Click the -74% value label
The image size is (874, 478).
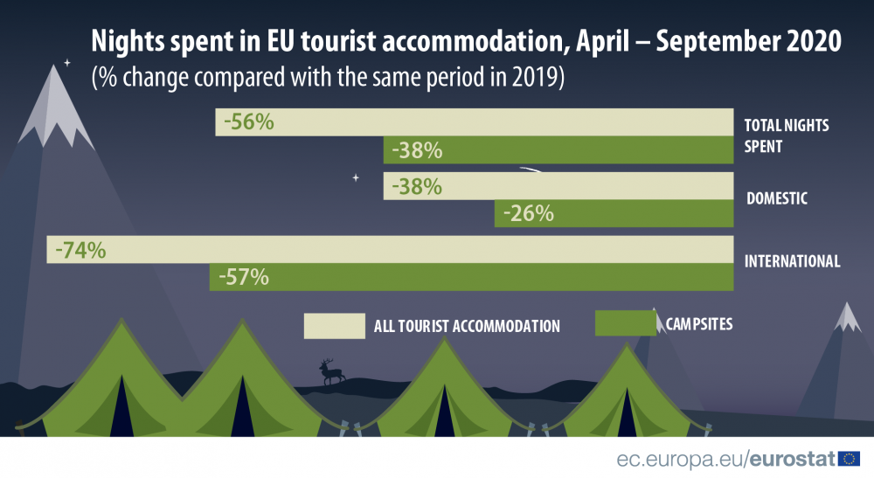click(x=80, y=250)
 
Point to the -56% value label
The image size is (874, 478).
click(x=249, y=122)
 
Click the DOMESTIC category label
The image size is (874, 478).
click(x=776, y=199)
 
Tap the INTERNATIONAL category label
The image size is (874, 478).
click(x=791, y=261)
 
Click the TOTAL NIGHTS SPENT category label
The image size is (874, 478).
click(x=786, y=136)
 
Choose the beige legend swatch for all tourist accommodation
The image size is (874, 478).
click(x=334, y=326)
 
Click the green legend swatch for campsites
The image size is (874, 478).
click(x=625, y=323)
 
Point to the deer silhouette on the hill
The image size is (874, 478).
click(x=331, y=371)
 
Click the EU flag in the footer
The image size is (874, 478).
click(x=849, y=459)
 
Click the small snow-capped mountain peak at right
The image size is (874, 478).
click(x=847, y=316)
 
